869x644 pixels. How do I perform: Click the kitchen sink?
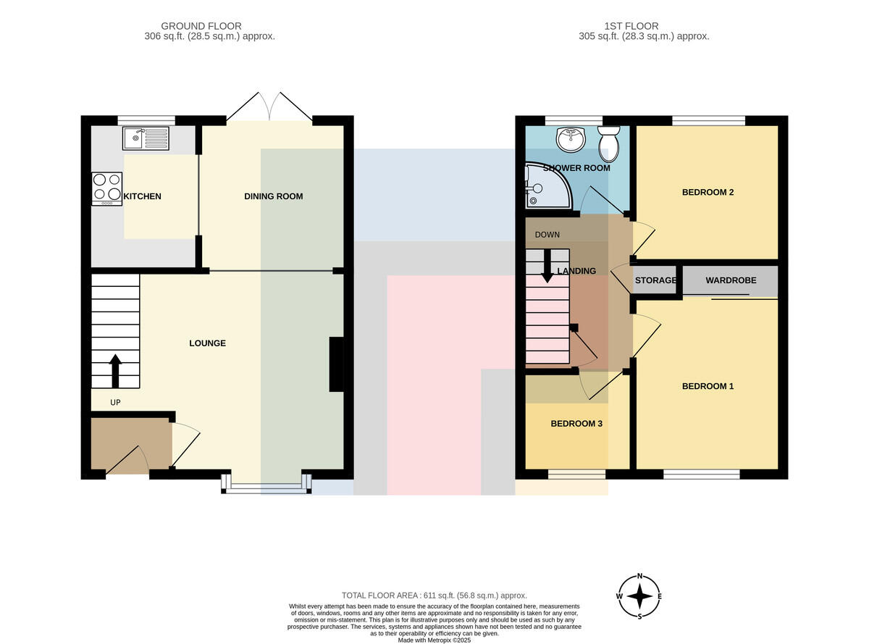pyautogui.click(x=146, y=138)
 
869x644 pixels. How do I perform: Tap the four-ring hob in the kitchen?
pyautogui.click(x=106, y=189)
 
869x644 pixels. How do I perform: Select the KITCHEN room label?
pyautogui.click(x=142, y=196)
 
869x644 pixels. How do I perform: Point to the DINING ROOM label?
pyautogui.click(x=274, y=196)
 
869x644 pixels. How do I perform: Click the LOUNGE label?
pyautogui.click(x=207, y=343)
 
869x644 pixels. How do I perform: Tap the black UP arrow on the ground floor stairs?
pyautogui.click(x=115, y=371)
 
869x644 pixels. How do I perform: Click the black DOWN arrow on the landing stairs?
pyautogui.click(x=547, y=266)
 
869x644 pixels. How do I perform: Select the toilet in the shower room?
pyautogui.click(x=609, y=144)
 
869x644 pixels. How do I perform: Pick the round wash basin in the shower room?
pyautogui.click(x=571, y=139)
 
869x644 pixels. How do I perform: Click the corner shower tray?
pyautogui.click(x=547, y=185)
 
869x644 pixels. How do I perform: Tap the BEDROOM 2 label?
pyautogui.click(x=708, y=192)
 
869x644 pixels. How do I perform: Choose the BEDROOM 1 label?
pyautogui.click(x=708, y=386)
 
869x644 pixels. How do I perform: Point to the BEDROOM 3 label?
pyautogui.click(x=576, y=423)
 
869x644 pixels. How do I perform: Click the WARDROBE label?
pyautogui.click(x=731, y=280)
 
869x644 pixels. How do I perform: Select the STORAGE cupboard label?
pyautogui.click(x=655, y=280)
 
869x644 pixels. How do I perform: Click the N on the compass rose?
pyautogui.click(x=639, y=576)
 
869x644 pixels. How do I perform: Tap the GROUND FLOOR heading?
pyautogui.click(x=201, y=26)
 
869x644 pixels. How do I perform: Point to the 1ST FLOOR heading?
pyautogui.click(x=631, y=26)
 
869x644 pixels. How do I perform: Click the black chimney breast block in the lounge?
pyautogui.click(x=337, y=364)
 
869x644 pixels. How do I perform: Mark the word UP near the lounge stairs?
pyautogui.click(x=115, y=402)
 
